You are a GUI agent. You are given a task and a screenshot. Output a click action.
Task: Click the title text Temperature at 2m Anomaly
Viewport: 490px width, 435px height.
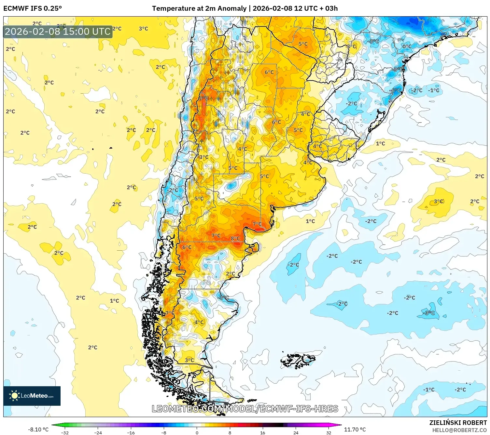199,8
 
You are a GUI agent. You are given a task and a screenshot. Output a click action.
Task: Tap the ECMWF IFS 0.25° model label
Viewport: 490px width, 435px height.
33,8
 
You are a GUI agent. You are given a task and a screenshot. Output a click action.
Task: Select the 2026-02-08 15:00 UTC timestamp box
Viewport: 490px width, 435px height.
58,32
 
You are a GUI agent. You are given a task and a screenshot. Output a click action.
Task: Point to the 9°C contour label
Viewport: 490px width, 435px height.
204,98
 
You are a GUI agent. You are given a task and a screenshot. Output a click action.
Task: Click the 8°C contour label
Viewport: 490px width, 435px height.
235,238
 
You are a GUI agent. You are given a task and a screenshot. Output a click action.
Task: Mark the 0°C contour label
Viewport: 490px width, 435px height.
407,46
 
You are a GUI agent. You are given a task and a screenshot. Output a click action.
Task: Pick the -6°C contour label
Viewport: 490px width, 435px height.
396,90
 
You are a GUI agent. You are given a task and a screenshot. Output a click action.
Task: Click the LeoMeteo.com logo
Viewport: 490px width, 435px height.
32,396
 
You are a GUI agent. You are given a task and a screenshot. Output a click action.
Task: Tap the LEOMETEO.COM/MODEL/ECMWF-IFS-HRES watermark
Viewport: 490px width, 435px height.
245,409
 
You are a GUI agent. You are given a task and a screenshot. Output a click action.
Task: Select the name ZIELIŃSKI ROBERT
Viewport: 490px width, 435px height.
458,423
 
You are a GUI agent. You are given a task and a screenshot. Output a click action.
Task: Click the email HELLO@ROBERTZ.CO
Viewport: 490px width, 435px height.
459,430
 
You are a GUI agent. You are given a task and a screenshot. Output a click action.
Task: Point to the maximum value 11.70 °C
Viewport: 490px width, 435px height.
355,429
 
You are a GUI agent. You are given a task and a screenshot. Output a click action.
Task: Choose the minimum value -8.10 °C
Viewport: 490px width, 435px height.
38,429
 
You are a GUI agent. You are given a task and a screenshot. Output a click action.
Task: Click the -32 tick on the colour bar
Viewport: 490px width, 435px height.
65,433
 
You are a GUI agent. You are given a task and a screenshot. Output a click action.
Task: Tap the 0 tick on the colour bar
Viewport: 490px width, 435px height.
197,433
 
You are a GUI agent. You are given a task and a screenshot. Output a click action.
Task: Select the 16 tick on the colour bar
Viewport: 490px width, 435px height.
263,433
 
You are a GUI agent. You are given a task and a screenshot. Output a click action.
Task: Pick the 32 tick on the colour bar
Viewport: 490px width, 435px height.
329,433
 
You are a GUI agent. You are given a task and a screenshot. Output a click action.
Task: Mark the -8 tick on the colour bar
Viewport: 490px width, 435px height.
164,433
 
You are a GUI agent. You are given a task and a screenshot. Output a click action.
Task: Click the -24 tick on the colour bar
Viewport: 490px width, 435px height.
98,433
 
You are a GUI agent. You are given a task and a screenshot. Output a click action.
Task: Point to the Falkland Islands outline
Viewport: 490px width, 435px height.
298,360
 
